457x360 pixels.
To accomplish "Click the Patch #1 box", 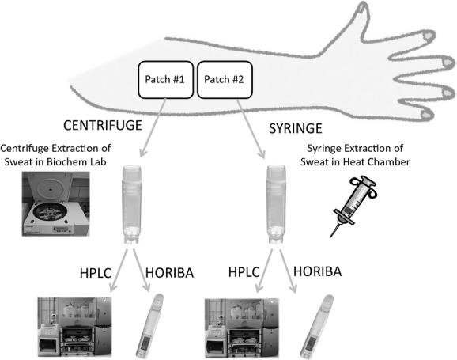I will point(164,79).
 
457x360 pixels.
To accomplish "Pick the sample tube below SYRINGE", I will point(275,203).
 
